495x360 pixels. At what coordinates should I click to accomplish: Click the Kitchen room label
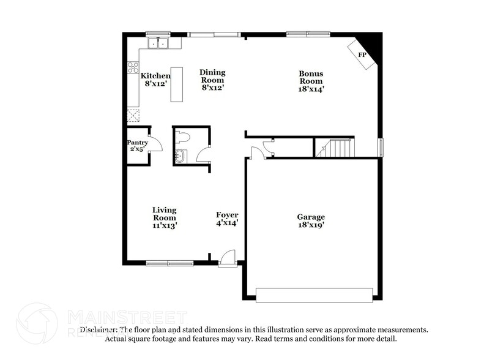[x=155, y=76]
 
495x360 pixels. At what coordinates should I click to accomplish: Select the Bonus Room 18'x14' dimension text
[x=311, y=89]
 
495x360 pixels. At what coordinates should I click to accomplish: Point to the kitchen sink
[x=159, y=43]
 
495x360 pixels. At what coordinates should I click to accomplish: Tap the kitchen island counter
[x=177, y=84]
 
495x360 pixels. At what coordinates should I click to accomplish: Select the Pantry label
[x=138, y=143]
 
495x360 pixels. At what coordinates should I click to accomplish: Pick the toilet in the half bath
[x=184, y=137]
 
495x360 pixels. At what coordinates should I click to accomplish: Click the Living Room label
[x=165, y=214]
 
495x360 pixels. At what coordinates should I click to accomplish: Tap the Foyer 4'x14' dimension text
[x=227, y=223]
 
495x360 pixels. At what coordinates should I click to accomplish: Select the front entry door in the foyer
[x=227, y=257]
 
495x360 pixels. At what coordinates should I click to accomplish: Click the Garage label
[x=311, y=217]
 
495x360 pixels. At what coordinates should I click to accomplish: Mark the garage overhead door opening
[x=313, y=295]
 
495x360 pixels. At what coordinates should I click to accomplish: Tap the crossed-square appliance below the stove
[x=133, y=114]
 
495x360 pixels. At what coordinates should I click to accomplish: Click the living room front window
[x=169, y=263]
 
